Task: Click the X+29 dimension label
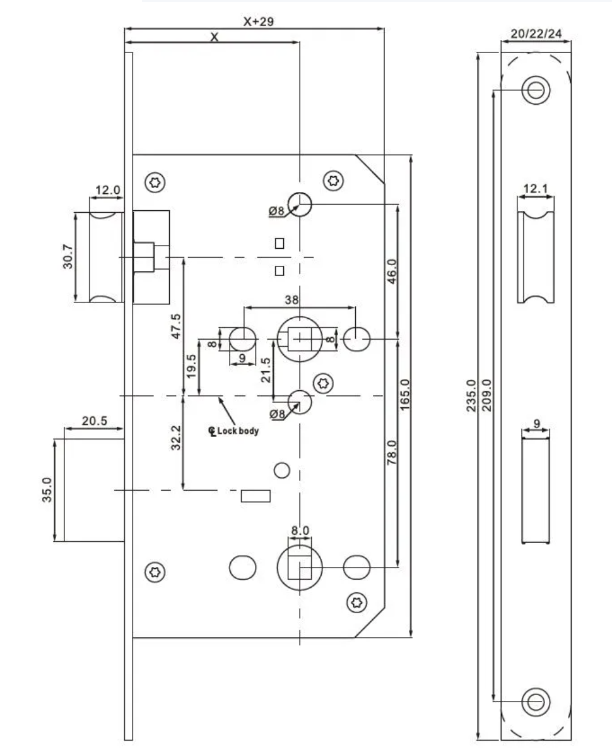tap(259, 21)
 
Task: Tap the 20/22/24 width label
tap(536, 33)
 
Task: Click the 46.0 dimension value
tap(391, 272)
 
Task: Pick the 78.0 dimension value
tap(391, 453)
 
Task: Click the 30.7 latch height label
tap(68, 257)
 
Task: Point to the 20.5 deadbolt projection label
tap(94, 421)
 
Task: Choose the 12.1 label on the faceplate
tap(536, 188)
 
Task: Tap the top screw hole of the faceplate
tap(536, 90)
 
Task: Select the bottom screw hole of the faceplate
tap(536, 700)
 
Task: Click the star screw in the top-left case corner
tap(155, 183)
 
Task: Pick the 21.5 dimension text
tap(266, 370)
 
